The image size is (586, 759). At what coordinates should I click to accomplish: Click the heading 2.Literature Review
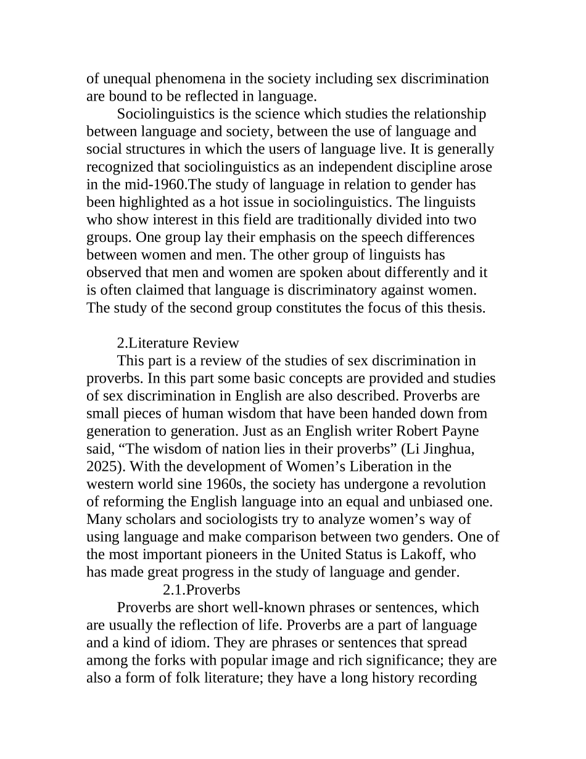[178, 343]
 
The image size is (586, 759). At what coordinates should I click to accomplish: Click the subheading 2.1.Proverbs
[201, 589]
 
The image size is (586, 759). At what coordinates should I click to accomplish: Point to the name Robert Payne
[439, 431]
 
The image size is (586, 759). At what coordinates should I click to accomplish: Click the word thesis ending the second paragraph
[467, 308]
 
